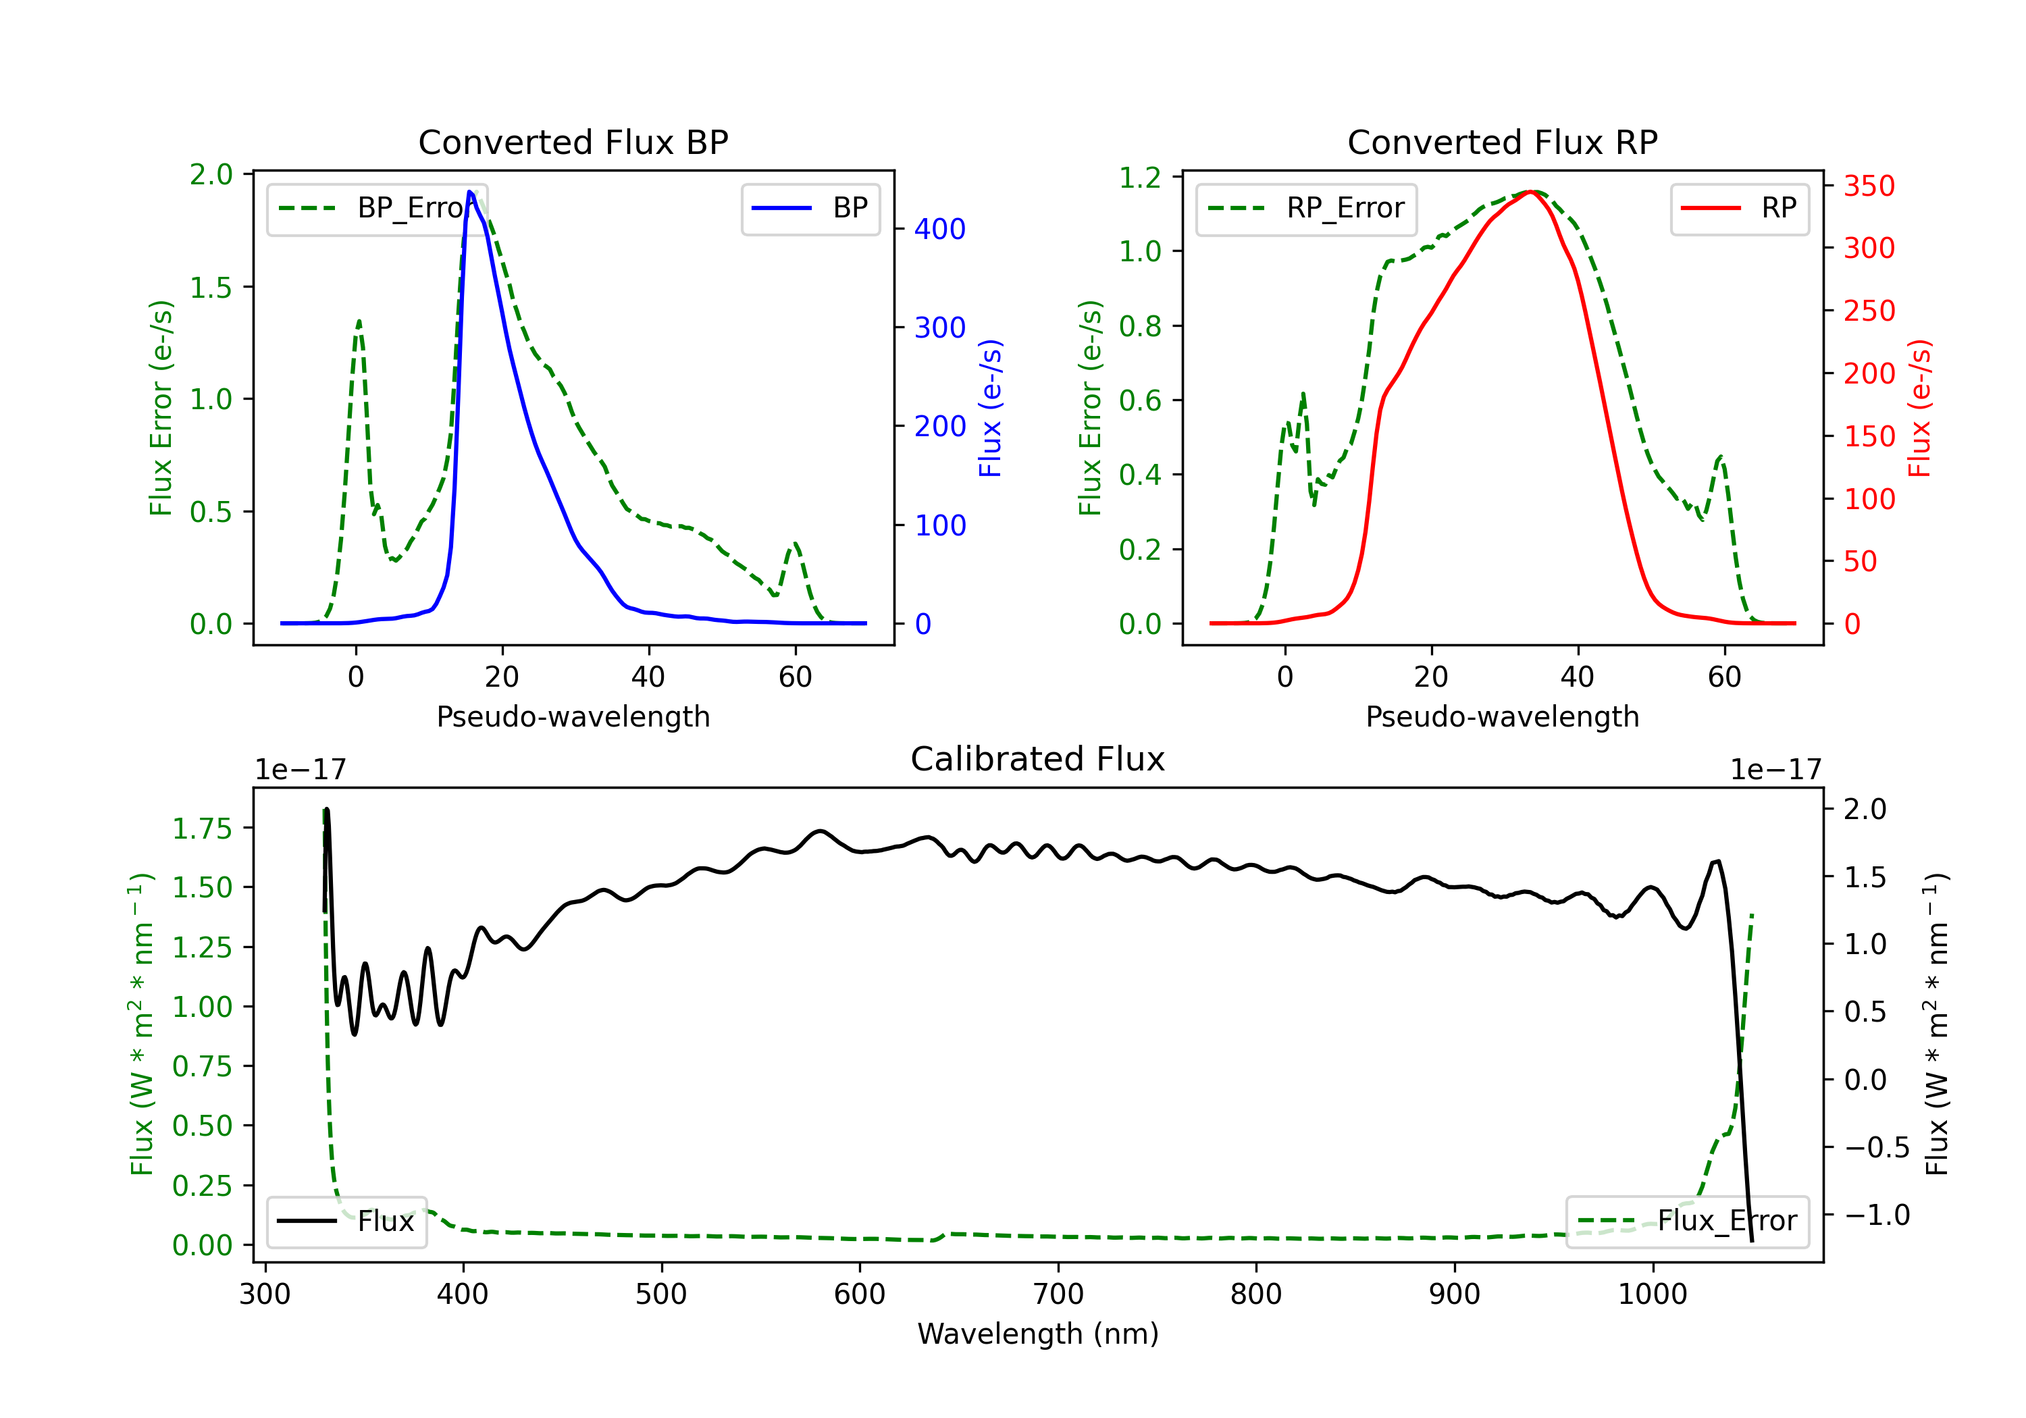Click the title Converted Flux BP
[573, 142]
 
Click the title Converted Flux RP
[1502, 142]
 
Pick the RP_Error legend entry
[1306, 208]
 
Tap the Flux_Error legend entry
[1687, 1222]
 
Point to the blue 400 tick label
[940, 230]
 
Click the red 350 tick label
[1869, 186]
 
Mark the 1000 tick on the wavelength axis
[1652, 1294]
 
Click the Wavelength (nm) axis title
[1038, 1334]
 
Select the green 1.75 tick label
[202, 829]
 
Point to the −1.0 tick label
[1877, 1215]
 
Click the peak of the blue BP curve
[470, 192]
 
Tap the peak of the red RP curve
[1534, 192]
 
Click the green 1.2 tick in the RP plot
[1139, 178]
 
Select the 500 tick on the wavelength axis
[661, 1294]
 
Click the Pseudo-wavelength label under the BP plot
[573, 716]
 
